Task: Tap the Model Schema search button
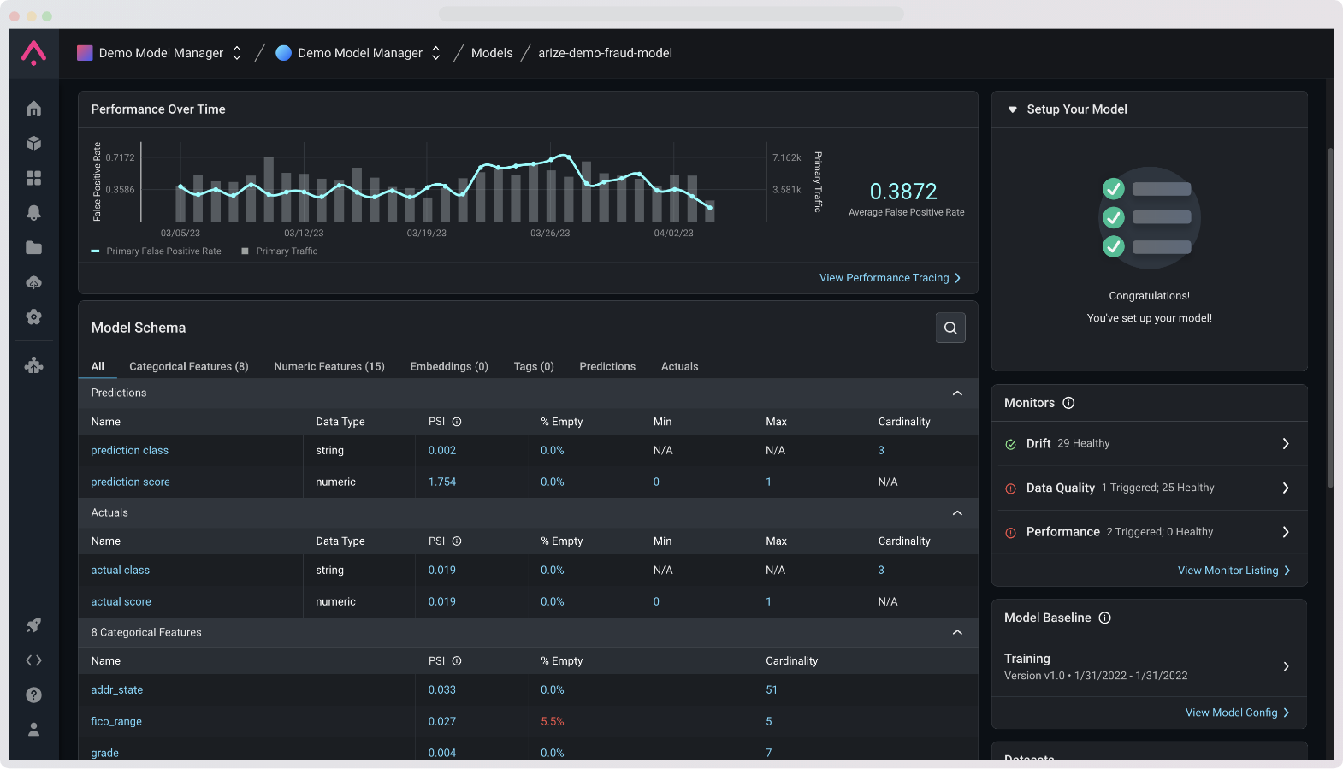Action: coord(950,328)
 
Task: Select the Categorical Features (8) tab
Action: coord(188,366)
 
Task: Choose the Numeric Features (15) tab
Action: coord(328,366)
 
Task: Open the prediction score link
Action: coord(130,482)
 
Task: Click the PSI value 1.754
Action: coord(441,482)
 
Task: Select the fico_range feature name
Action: coord(116,721)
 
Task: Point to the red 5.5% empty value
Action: coord(552,721)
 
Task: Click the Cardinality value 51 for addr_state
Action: coord(771,689)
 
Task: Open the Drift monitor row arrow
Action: coord(1285,443)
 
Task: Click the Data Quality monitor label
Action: coord(1060,488)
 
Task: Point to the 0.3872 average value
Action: coord(903,192)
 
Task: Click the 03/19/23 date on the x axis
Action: coord(426,233)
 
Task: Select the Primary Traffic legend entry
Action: coord(286,251)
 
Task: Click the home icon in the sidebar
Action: coord(33,109)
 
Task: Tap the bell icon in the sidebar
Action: coord(33,212)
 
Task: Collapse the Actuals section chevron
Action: coord(957,512)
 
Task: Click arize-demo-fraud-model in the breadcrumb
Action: coord(605,53)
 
